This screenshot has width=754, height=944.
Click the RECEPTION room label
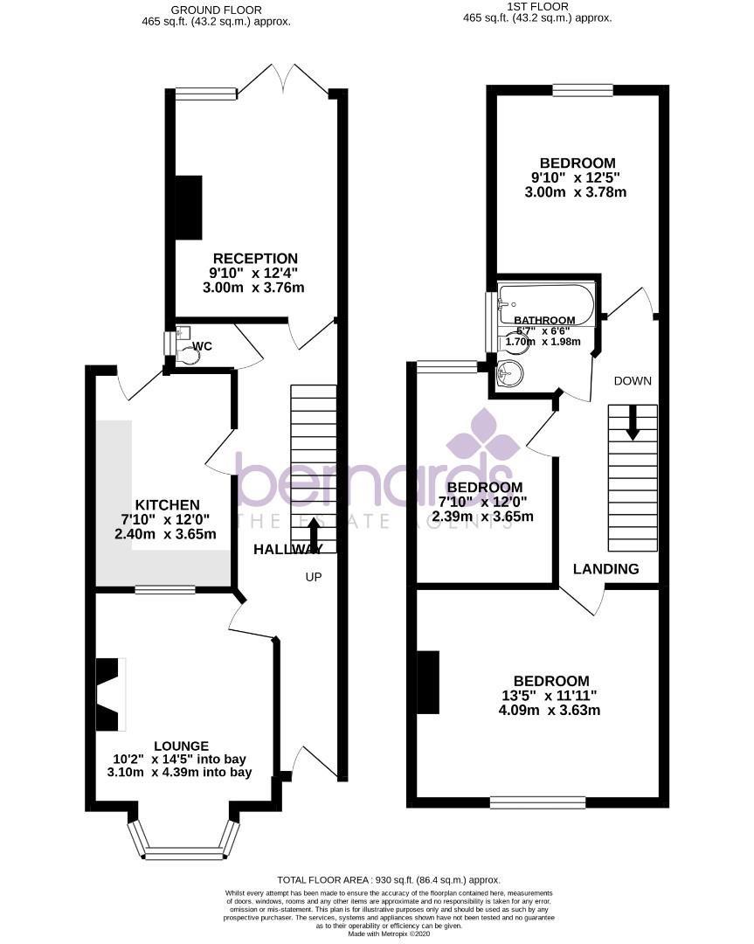pyautogui.click(x=255, y=259)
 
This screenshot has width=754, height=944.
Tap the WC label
pyautogui.click(x=202, y=347)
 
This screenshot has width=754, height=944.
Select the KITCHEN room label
pyautogui.click(x=167, y=505)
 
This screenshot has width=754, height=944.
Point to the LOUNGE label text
pyautogui.click(x=182, y=746)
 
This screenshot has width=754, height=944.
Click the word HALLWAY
pyautogui.click(x=287, y=549)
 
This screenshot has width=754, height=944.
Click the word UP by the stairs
pyautogui.click(x=314, y=577)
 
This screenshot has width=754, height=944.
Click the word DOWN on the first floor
pyautogui.click(x=633, y=381)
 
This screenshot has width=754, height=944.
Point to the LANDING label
pyautogui.click(x=605, y=569)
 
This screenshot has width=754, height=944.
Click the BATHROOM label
pyautogui.click(x=543, y=321)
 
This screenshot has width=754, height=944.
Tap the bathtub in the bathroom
pyautogui.click(x=545, y=303)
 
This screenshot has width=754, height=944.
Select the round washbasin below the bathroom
pyautogui.click(x=507, y=375)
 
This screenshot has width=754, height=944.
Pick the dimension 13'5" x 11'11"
pyautogui.click(x=550, y=696)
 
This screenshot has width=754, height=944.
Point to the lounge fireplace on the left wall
pyautogui.click(x=109, y=695)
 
